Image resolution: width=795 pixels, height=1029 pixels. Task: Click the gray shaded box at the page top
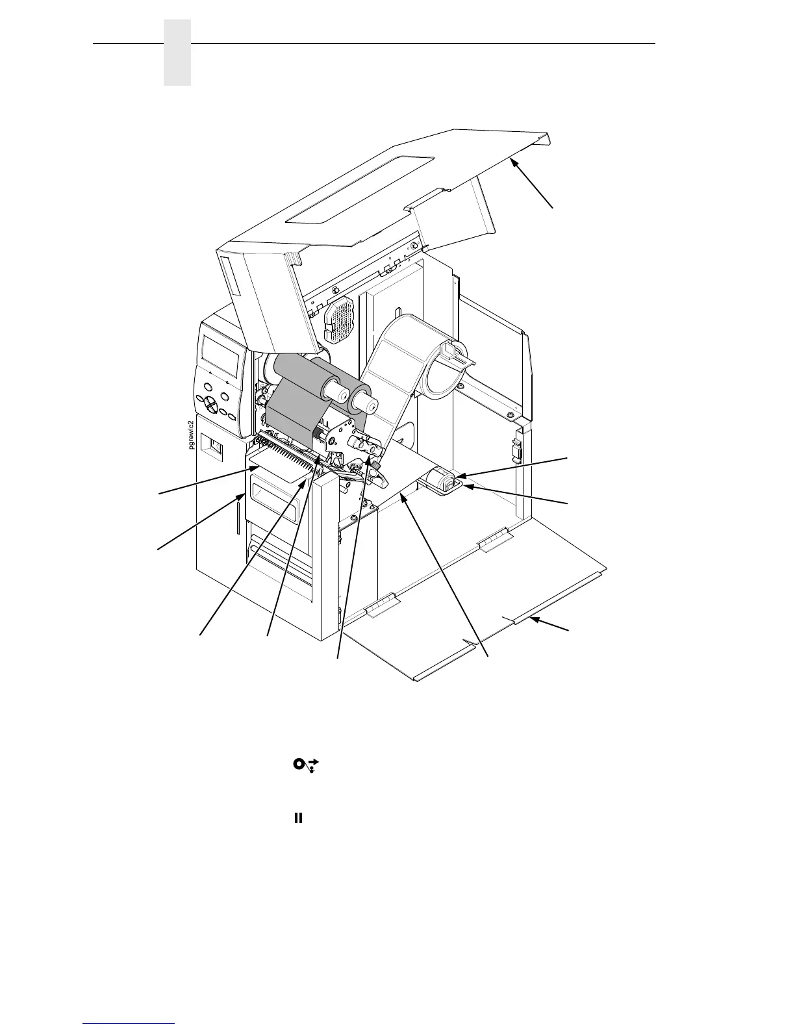[177, 53]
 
